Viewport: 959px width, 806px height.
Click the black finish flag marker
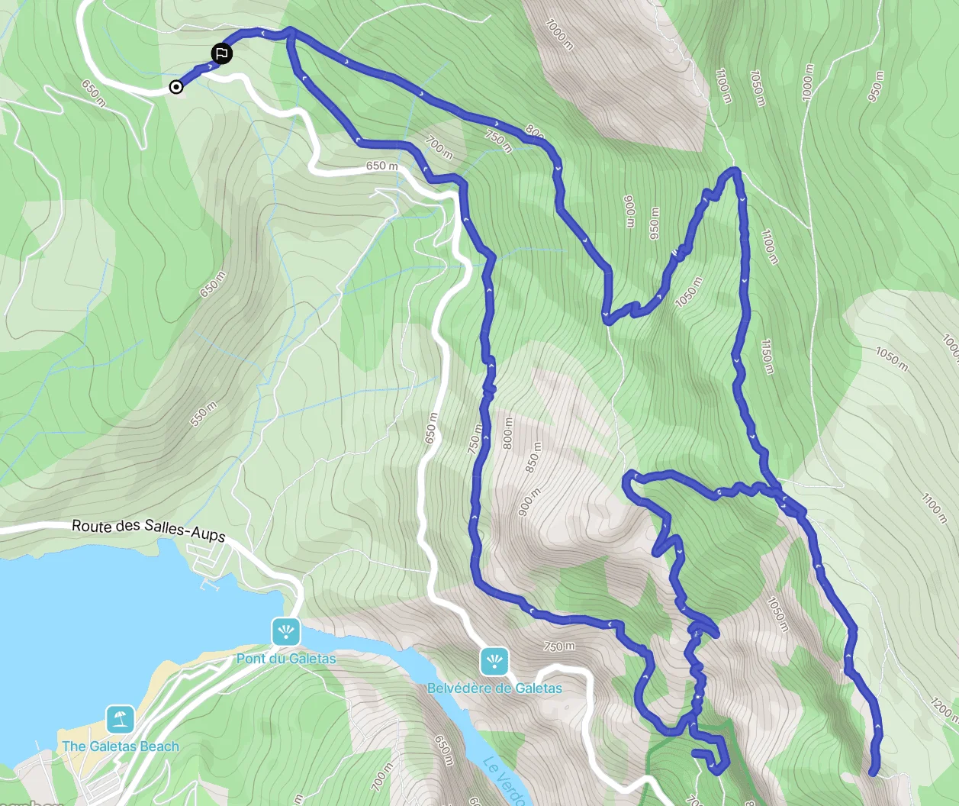[221, 53]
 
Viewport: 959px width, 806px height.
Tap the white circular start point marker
[176, 87]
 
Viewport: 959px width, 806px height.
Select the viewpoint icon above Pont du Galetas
[286, 632]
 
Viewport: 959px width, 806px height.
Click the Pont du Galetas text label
[286, 659]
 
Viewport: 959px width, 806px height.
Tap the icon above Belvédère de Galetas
[494, 661]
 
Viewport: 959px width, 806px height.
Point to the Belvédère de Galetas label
[494, 688]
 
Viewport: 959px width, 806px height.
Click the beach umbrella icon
[120, 719]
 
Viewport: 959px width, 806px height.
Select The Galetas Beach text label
[121, 746]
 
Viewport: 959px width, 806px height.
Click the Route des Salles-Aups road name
[149, 530]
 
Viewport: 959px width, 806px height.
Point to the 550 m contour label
[204, 414]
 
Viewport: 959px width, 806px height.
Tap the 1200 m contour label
[944, 708]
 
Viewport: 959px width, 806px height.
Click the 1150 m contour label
[766, 356]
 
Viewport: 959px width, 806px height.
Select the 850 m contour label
[535, 456]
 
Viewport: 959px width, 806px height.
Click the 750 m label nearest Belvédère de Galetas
[559, 646]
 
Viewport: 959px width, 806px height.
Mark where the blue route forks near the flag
[289, 33]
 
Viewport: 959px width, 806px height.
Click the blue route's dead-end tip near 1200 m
[873, 772]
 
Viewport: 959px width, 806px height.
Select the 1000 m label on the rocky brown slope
[559, 34]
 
